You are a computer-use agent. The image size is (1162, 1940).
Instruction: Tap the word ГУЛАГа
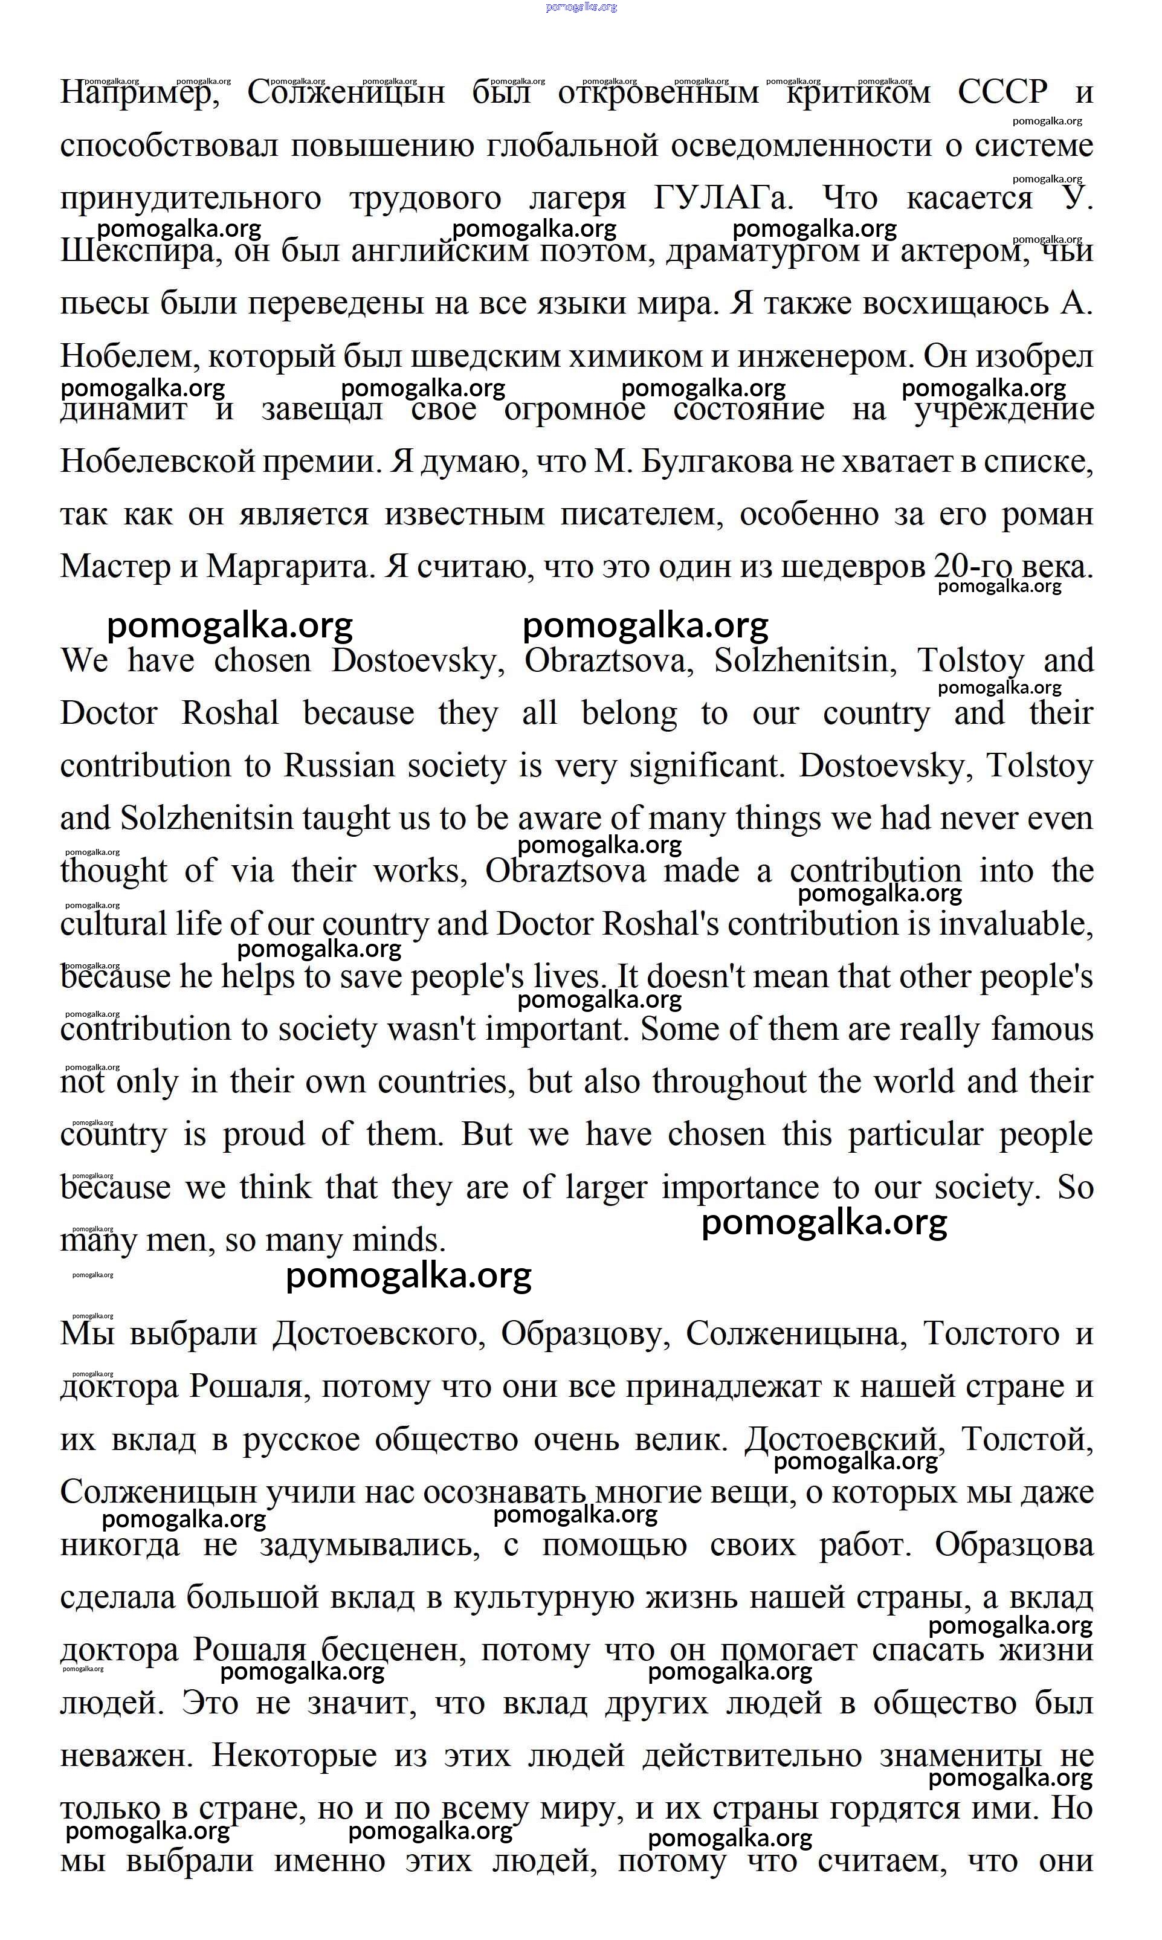[723, 198]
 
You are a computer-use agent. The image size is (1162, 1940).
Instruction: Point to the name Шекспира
[135, 251]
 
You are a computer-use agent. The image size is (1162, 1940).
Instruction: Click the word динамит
[124, 410]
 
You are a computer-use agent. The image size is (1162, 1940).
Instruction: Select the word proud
[264, 1135]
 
